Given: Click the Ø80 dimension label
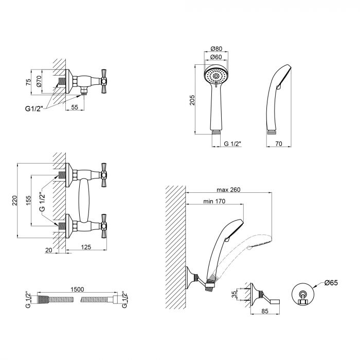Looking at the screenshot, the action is pyautogui.click(x=217, y=49).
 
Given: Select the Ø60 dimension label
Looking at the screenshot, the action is pyautogui.click(x=217, y=57).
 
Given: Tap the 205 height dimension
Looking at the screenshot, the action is pyautogui.click(x=192, y=100).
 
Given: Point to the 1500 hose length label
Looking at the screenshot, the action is pyautogui.click(x=77, y=289).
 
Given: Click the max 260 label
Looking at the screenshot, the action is pyautogui.click(x=228, y=190).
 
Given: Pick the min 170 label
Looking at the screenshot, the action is pyautogui.click(x=214, y=202).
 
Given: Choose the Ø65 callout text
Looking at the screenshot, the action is pyautogui.click(x=331, y=283).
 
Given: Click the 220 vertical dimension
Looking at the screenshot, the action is pyautogui.click(x=14, y=201).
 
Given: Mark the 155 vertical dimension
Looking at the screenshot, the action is pyautogui.click(x=28, y=201).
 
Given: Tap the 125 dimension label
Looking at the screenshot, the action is pyautogui.click(x=86, y=247).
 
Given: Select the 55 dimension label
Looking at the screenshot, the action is pyautogui.click(x=75, y=107).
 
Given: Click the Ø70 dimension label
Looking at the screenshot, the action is pyautogui.click(x=39, y=81).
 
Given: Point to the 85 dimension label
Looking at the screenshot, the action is pyautogui.click(x=265, y=311).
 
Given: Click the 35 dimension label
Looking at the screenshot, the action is pyautogui.click(x=234, y=294).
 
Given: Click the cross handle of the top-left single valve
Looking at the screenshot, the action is pyautogui.click(x=104, y=81).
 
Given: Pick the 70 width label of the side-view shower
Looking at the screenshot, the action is pyautogui.click(x=279, y=143).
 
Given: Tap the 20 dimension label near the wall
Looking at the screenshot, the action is pyautogui.click(x=49, y=250).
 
